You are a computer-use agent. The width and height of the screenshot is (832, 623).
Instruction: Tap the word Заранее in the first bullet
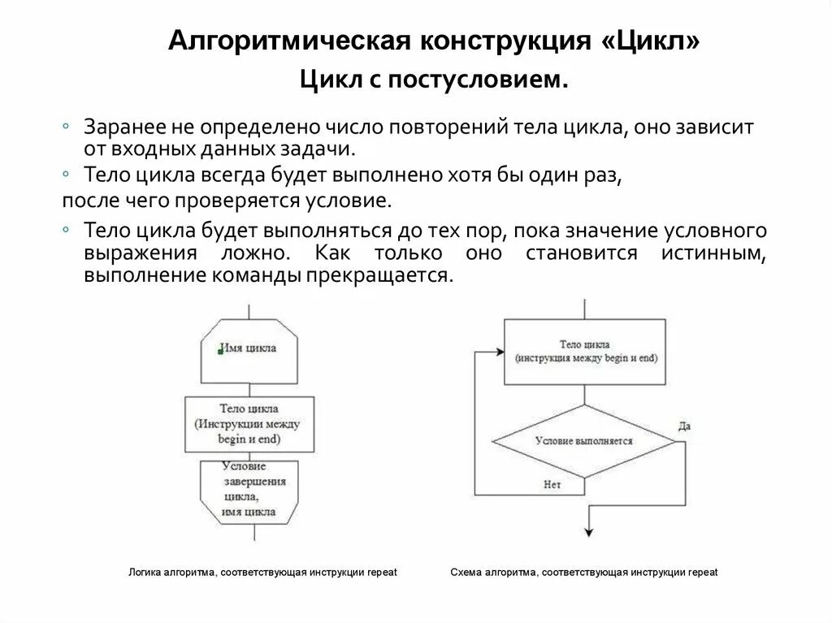click(x=123, y=128)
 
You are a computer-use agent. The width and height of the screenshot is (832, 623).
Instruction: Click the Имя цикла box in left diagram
click(x=249, y=348)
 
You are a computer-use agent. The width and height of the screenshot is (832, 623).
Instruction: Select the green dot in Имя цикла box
click(x=221, y=350)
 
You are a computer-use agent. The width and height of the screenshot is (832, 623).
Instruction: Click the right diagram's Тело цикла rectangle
click(x=585, y=352)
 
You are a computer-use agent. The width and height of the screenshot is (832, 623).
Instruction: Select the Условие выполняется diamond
click(x=584, y=441)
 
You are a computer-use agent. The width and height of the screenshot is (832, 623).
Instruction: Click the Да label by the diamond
click(x=684, y=426)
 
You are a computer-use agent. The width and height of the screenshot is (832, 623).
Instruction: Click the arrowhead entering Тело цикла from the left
click(x=499, y=353)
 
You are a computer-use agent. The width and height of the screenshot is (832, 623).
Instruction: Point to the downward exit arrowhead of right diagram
click(x=587, y=532)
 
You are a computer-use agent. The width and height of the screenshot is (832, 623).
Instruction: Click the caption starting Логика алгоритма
click(x=262, y=573)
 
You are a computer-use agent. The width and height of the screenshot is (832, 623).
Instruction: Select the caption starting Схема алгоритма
click(x=583, y=573)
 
